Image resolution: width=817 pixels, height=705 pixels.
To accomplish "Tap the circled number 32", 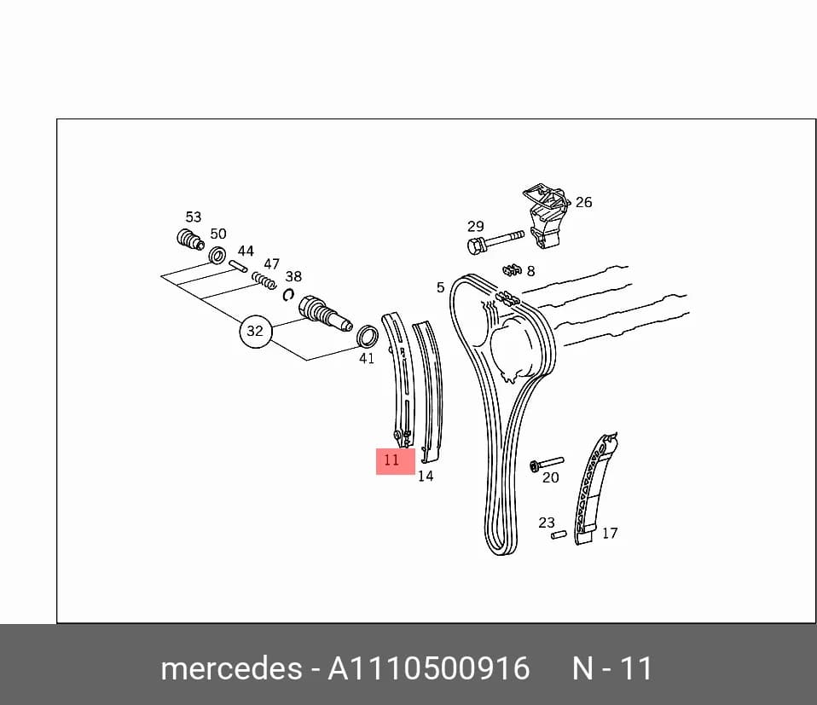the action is (x=255, y=331).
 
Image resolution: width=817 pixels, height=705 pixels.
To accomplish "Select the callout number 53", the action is (x=194, y=217).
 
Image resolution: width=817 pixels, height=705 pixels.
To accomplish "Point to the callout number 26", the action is (x=583, y=202).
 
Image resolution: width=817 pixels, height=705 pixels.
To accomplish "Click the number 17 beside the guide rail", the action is (x=610, y=533).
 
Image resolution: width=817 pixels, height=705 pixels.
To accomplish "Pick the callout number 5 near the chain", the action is (x=441, y=287).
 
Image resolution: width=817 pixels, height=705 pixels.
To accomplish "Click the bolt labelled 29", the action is (x=495, y=243).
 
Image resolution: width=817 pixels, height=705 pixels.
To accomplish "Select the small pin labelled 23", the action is (x=559, y=535).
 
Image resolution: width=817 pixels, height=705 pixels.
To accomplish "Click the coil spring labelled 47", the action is (x=264, y=280).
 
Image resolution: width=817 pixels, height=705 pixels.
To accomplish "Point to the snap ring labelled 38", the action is (x=288, y=295).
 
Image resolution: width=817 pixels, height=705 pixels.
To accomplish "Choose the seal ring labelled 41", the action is (x=368, y=337).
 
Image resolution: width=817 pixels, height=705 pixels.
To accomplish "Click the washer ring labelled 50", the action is (x=217, y=256).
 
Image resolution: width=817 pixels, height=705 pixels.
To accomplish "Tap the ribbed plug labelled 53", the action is (x=189, y=240).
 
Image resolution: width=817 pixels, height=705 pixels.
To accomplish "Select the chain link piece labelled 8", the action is (x=513, y=270).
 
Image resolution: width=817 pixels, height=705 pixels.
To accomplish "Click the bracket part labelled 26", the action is (x=546, y=216).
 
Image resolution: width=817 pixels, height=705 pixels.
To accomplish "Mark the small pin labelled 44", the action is (x=238, y=266).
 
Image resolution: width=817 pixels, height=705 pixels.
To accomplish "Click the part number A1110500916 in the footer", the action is (x=428, y=668).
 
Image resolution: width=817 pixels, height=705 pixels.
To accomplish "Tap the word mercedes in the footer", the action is (x=231, y=668).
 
